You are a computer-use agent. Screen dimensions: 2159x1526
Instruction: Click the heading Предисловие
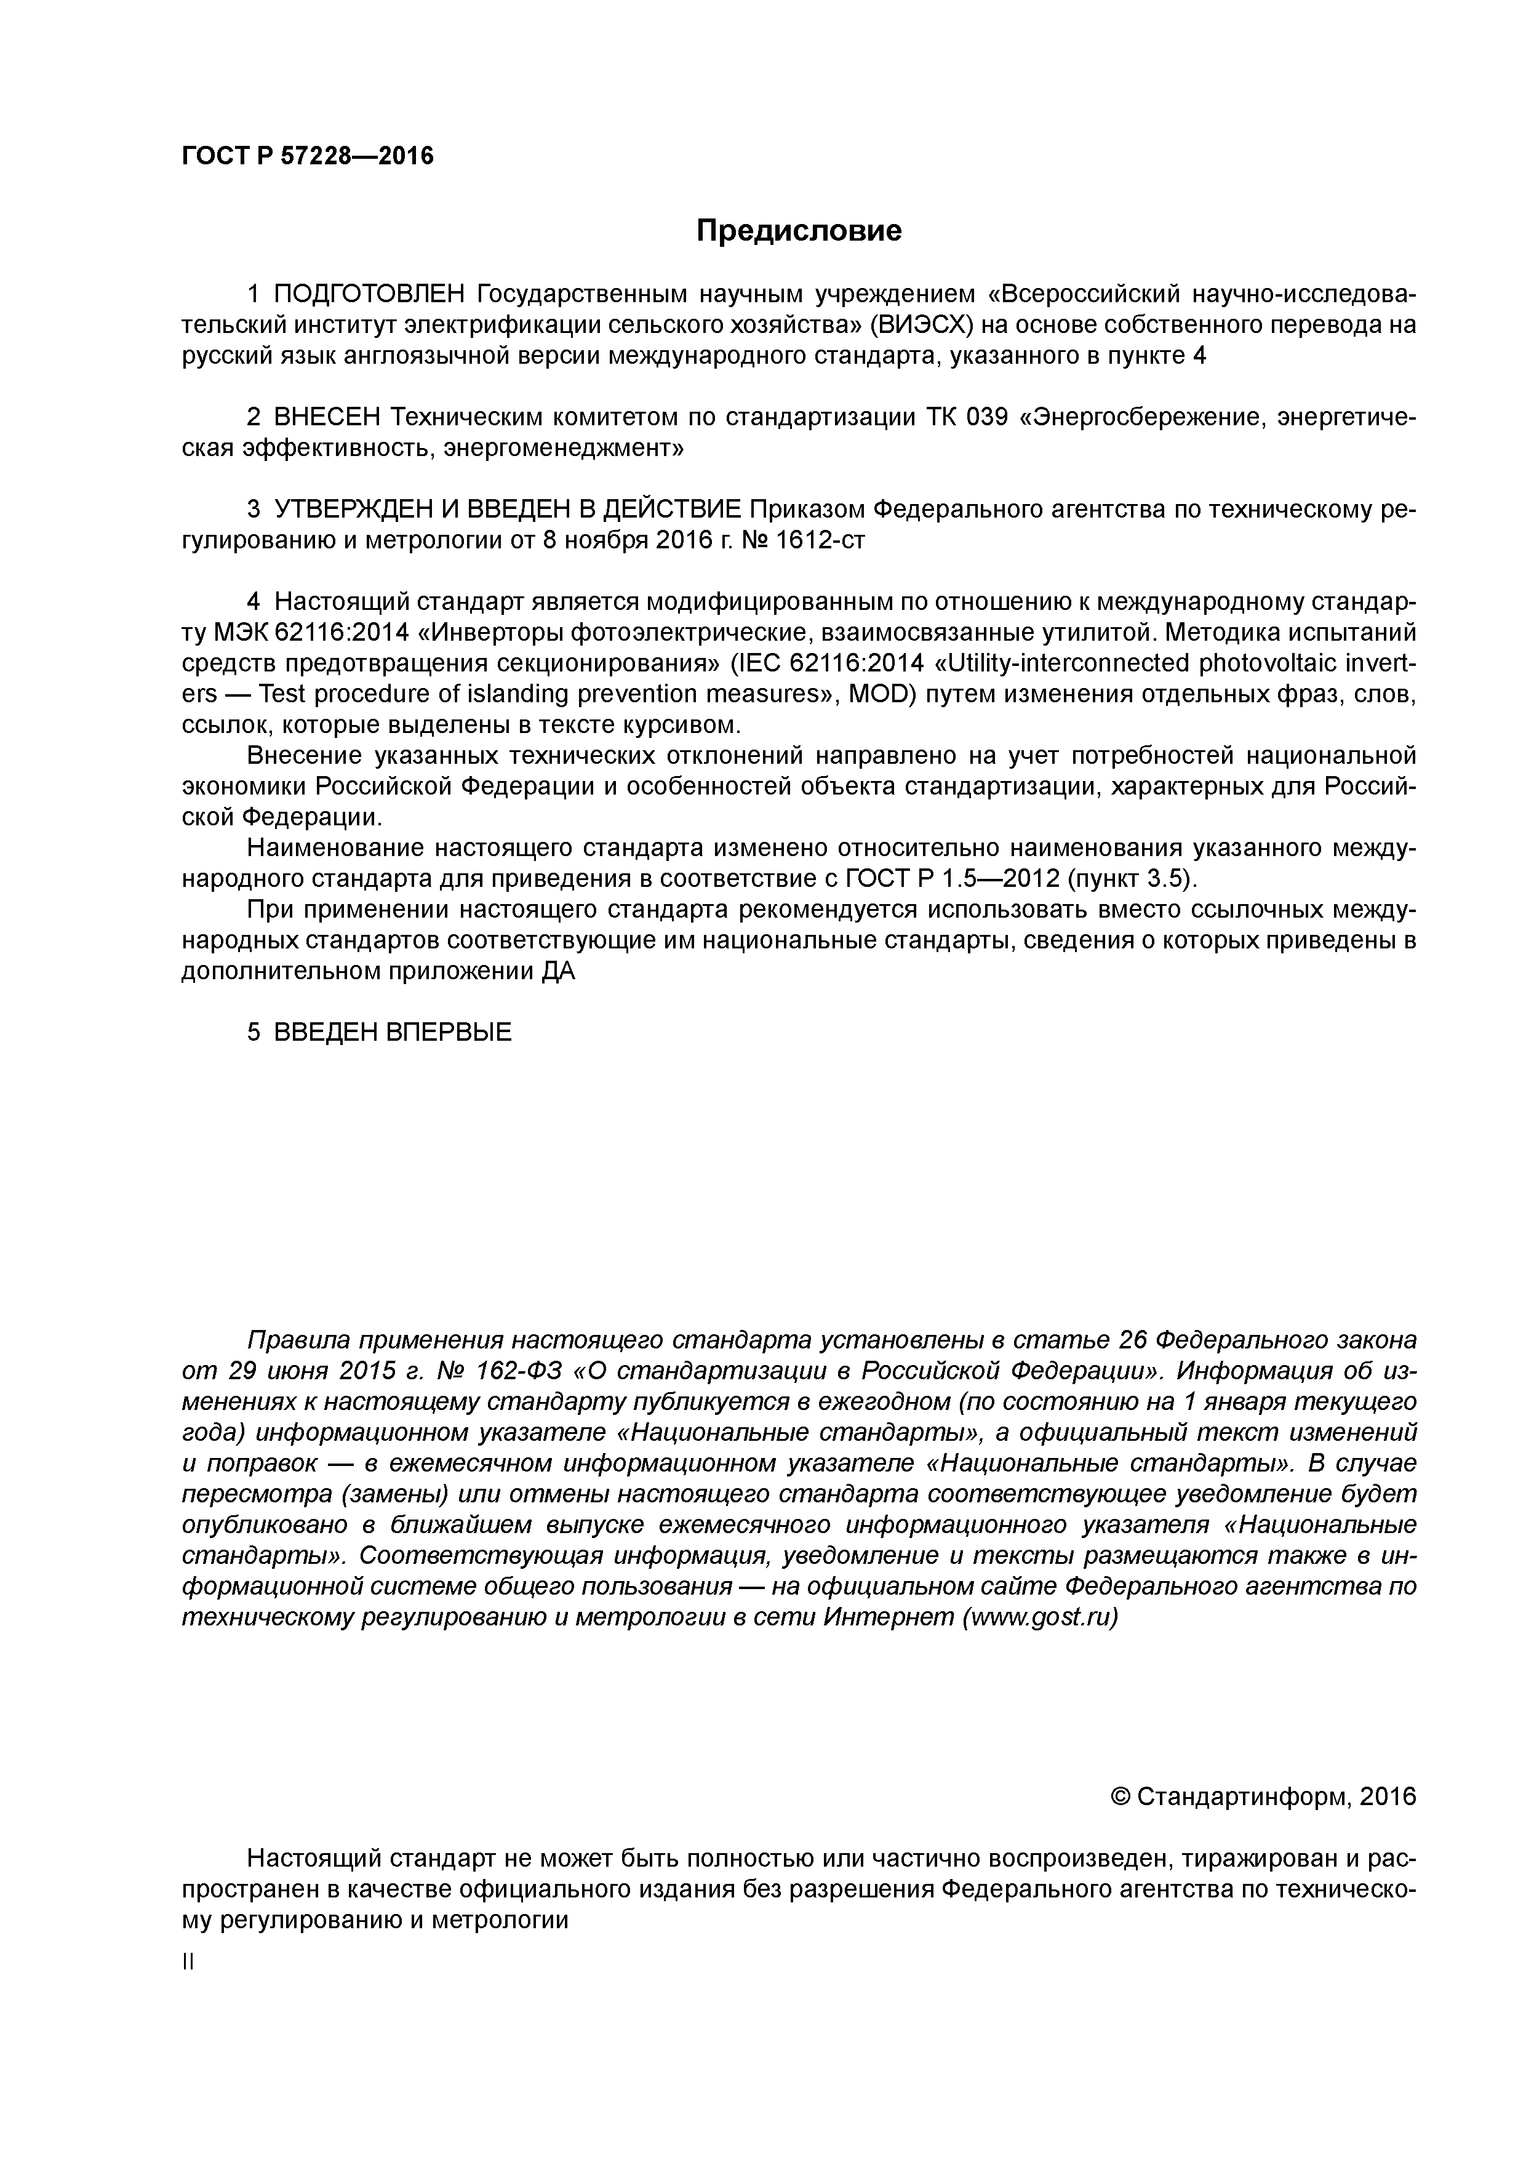pos(798,230)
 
